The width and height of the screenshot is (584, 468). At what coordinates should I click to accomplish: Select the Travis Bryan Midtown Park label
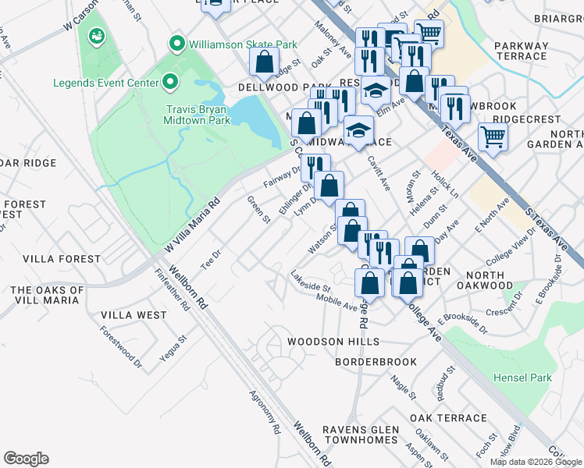click(197, 115)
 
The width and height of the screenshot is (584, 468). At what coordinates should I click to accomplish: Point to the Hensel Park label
click(522, 378)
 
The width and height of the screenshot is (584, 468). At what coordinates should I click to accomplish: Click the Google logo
click(26, 459)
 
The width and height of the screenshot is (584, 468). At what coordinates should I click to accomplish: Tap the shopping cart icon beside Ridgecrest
click(493, 138)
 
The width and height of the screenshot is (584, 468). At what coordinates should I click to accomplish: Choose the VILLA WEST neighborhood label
click(134, 315)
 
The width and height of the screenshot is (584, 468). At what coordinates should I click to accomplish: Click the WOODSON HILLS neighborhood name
click(333, 342)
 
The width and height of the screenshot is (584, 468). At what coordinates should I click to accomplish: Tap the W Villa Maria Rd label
click(193, 225)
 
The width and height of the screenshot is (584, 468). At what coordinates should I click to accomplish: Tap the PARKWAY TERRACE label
click(521, 51)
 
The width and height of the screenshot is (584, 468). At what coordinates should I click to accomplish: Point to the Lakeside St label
click(310, 282)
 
